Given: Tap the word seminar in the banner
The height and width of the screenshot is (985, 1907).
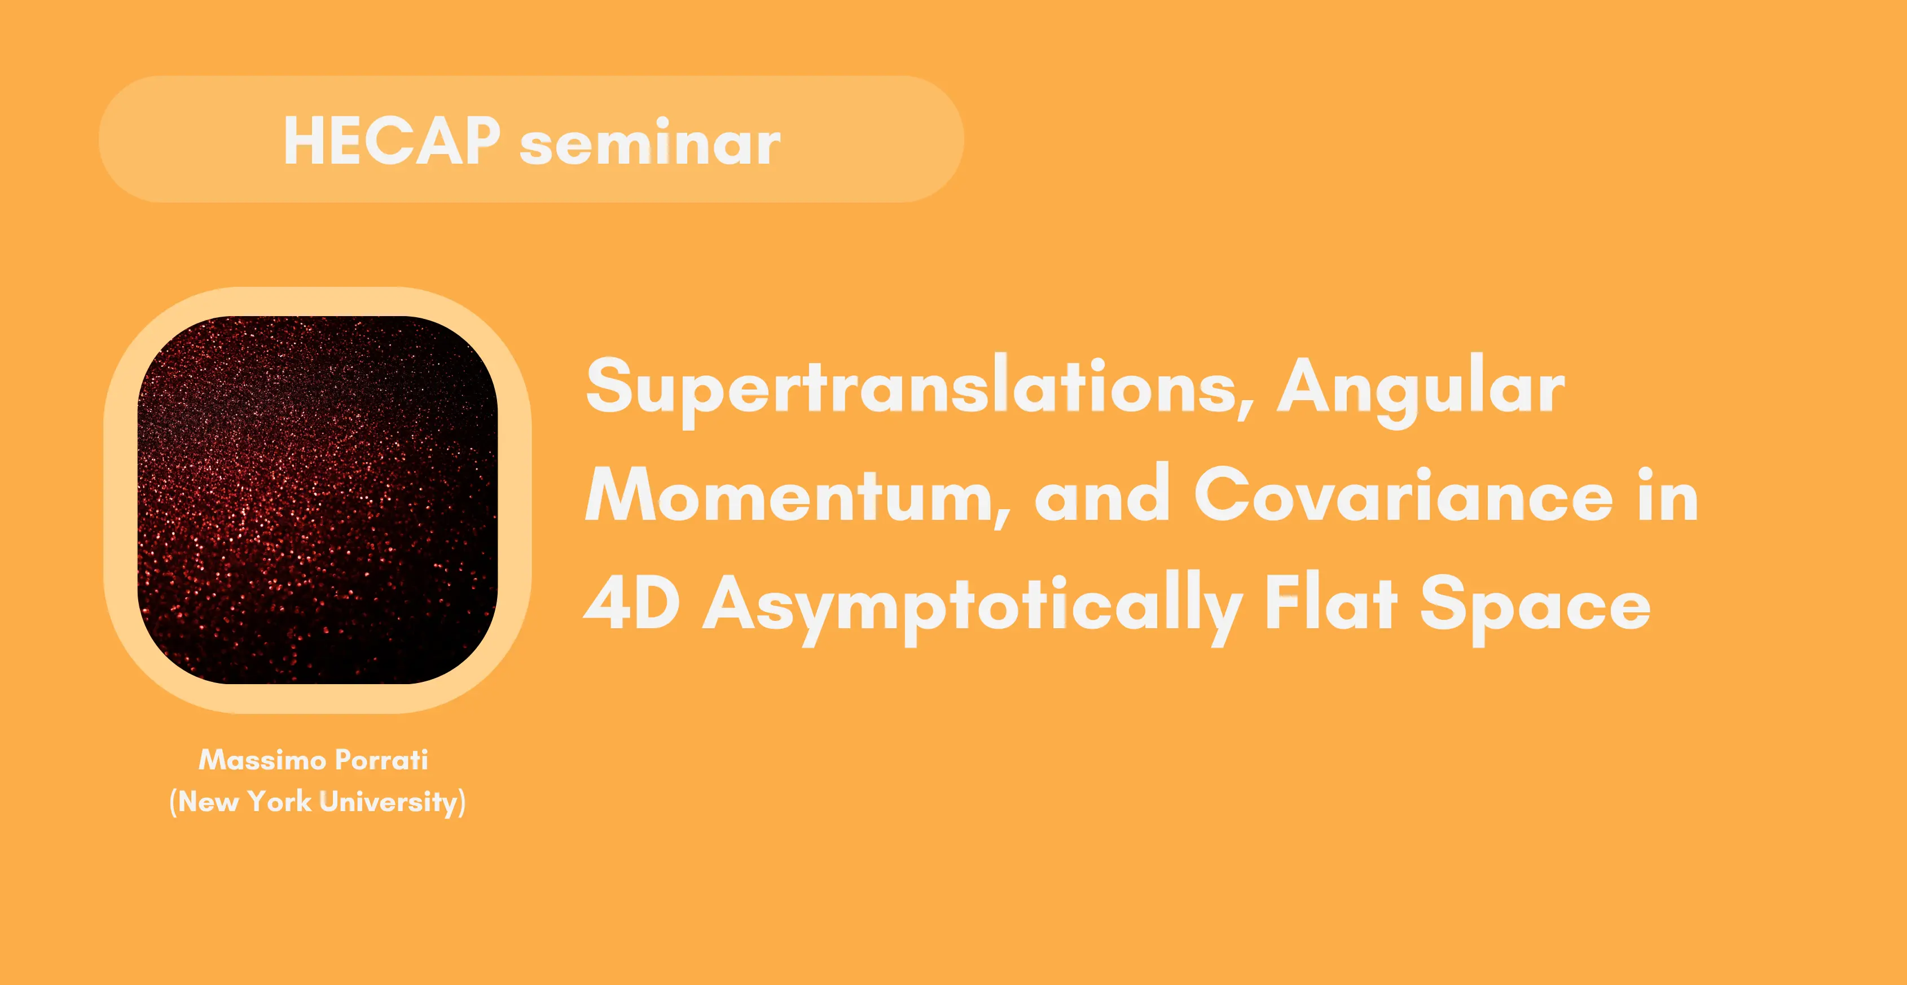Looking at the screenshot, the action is (650, 142).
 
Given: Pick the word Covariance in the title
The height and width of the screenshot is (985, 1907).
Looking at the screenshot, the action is (1403, 494).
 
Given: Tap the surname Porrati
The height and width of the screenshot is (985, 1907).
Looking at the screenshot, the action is (381, 759).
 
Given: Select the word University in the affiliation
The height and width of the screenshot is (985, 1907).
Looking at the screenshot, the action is (389, 802).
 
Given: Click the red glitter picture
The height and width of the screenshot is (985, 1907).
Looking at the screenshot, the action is (318, 500).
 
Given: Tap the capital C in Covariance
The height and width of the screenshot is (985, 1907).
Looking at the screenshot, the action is (1222, 494).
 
